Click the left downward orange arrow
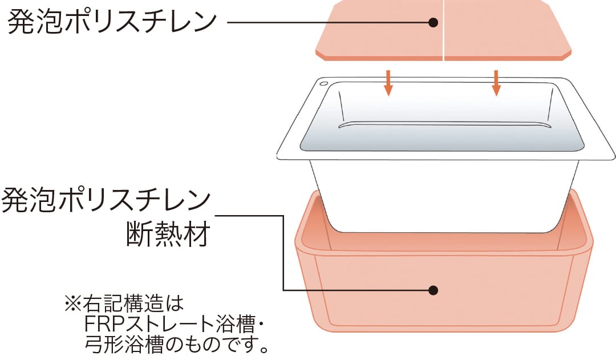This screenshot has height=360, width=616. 388,82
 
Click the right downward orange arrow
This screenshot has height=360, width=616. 496,82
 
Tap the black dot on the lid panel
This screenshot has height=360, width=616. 433,23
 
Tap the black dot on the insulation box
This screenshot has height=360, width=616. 433,290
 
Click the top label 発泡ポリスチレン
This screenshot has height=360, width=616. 113,22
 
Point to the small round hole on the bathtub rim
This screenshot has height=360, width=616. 324,84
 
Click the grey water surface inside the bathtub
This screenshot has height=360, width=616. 442,140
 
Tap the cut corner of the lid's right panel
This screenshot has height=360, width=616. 566,52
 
